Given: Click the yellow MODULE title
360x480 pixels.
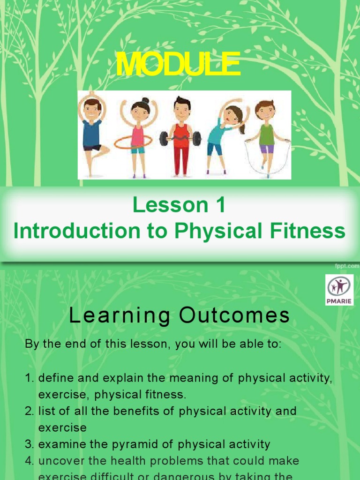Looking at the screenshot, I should [x=178, y=65].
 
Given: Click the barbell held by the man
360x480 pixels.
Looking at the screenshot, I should [x=180, y=138].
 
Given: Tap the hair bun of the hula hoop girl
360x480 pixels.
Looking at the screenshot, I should [x=145, y=101].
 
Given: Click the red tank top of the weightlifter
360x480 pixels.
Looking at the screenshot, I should [x=181, y=134].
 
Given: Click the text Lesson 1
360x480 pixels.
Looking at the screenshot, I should [x=179, y=205].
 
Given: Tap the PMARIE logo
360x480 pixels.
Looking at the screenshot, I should [x=339, y=290].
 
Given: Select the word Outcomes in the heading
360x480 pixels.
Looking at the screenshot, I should [x=234, y=317].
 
